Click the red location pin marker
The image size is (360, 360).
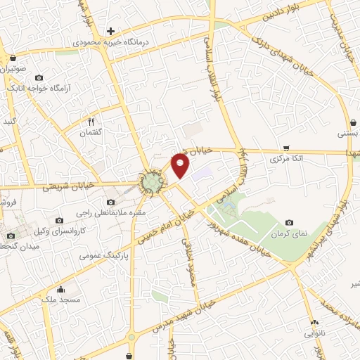coord(181,165)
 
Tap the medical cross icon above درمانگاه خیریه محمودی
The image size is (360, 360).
coord(110,31)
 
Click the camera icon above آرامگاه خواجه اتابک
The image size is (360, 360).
coord(39,77)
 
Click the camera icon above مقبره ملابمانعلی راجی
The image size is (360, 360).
coord(111,202)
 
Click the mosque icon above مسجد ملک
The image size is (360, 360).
coord(60,288)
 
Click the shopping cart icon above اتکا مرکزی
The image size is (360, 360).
coord(286,148)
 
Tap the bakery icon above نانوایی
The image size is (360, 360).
coord(314,323)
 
